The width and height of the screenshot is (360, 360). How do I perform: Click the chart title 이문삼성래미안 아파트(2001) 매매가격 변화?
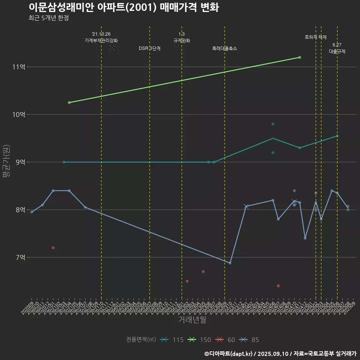tap(123, 7)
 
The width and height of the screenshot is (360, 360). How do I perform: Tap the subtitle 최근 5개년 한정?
tap(48, 18)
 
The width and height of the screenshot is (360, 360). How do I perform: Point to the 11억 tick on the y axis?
tap(19, 67)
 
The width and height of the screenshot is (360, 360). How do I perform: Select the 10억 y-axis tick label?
tap(19, 114)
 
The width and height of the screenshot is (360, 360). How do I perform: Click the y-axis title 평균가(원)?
tap(7, 162)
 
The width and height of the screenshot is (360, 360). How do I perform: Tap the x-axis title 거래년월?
tap(192, 320)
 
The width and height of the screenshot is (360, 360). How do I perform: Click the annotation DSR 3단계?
tap(150, 48)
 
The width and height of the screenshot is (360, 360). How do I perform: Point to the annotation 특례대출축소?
tap(225, 48)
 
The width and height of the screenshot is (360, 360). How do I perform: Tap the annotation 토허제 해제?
tap(316, 37)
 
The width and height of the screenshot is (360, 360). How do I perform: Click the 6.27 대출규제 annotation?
tap(337, 48)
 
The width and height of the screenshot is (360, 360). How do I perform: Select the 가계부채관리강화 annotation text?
tap(101, 40)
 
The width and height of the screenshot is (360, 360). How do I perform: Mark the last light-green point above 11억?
tap(300, 57)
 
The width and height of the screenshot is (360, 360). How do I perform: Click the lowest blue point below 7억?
tap(230, 263)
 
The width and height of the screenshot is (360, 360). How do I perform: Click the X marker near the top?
tap(112, 48)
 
